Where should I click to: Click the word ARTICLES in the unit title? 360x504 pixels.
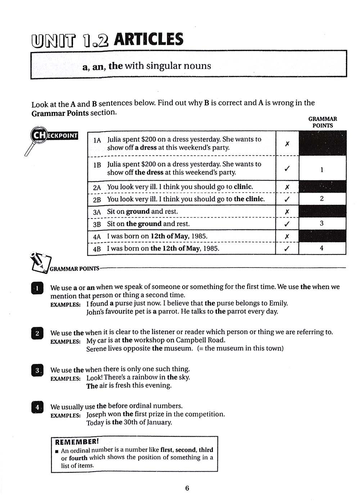click(x=149, y=39)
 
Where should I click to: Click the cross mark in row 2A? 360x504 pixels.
click(x=287, y=187)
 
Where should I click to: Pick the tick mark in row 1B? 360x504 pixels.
click(x=287, y=168)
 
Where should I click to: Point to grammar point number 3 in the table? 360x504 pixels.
click(x=322, y=224)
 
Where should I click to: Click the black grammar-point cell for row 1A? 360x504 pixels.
click(x=323, y=143)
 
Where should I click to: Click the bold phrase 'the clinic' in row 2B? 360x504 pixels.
click(x=249, y=199)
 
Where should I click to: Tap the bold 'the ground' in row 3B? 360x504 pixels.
click(x=144, y=224)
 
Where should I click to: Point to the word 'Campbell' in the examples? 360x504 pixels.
click(x=190, y=340)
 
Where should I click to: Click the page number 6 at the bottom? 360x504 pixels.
click(x=187, y=488)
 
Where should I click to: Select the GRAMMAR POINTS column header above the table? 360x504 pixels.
click(x=323, y=122)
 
